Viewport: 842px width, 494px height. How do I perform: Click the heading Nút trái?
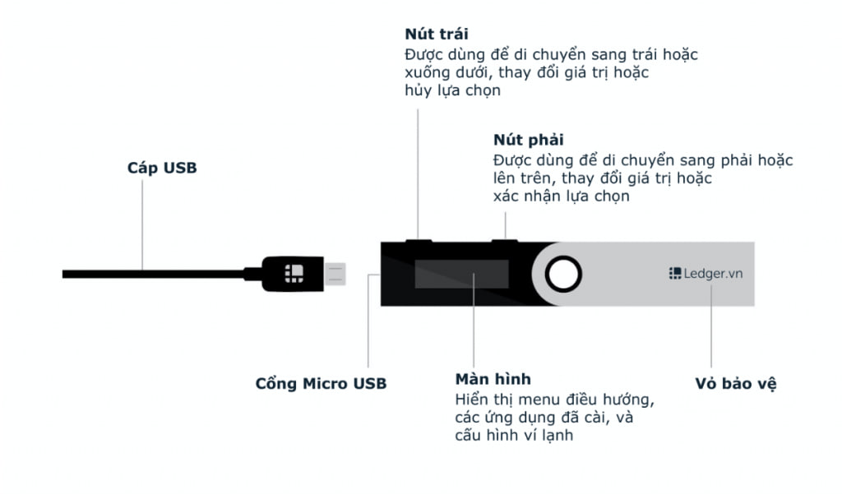point(436,34)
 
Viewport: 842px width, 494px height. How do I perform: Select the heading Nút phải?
point(529,140)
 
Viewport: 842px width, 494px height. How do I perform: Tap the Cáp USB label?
point(162,168)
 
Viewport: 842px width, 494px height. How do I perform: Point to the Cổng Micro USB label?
point(321,383)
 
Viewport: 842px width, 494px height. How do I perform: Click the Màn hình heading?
point(493,379)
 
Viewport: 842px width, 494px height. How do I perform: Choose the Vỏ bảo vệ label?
point(736,383)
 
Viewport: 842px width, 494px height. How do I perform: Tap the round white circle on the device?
point(563,274)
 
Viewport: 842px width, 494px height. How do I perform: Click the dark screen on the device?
point(462,274)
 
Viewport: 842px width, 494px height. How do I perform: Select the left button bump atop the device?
point(419,241)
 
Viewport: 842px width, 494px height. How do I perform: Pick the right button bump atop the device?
point(505,241)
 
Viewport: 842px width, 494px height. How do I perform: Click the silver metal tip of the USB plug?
point(335,274)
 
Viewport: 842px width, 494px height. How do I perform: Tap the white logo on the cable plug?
point(294,274)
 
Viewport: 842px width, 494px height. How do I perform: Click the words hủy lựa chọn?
point(453,90)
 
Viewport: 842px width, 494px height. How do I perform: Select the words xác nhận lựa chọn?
point(561,196)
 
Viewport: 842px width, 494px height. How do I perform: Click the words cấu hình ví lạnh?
point(514,435)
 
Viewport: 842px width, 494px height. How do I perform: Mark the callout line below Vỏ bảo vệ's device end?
point(711,326)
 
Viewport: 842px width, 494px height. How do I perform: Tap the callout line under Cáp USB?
point(142,225)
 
